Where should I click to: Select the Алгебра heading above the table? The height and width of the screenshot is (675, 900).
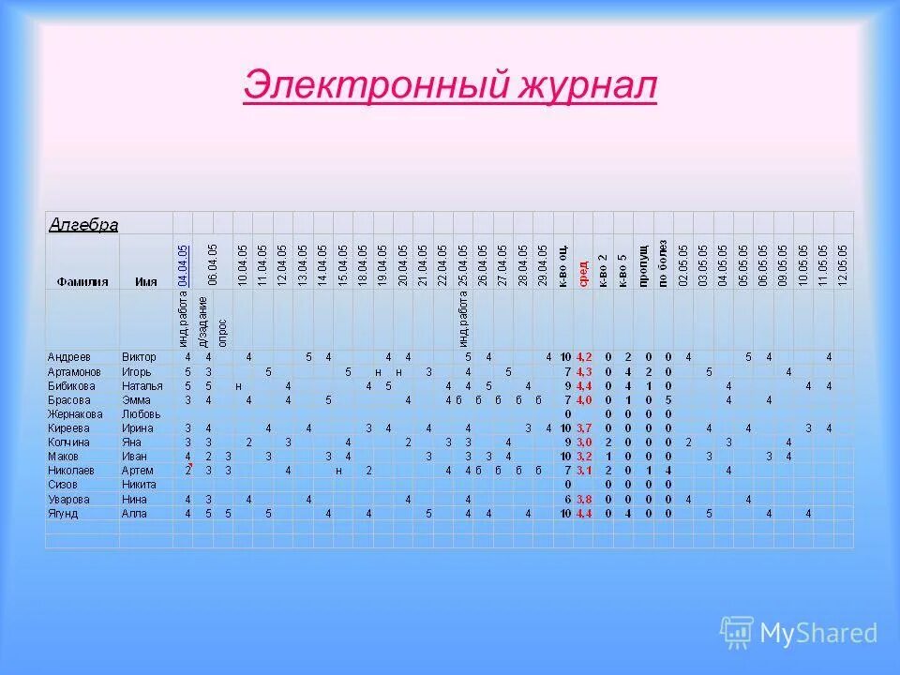point(83,225)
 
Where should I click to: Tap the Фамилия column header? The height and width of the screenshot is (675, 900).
point(82,280)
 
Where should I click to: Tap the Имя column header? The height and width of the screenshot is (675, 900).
point(145,280)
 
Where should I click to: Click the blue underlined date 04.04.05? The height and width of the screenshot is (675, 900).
point(184,264)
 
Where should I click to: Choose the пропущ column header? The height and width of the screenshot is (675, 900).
point(643,268)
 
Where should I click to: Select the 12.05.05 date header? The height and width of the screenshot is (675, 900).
point(843,264)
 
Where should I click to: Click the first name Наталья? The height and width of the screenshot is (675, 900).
point(142,385)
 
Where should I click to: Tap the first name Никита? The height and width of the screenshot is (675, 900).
point(138,485)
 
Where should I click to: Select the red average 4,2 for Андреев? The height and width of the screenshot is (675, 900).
point(583,357)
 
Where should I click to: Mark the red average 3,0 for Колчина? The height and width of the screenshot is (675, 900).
point(583,442)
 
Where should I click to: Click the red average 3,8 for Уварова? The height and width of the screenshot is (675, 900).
point(583,499)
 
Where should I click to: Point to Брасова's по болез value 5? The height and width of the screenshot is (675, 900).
point(667,399)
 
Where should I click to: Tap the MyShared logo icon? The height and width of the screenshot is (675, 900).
point(736,632)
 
